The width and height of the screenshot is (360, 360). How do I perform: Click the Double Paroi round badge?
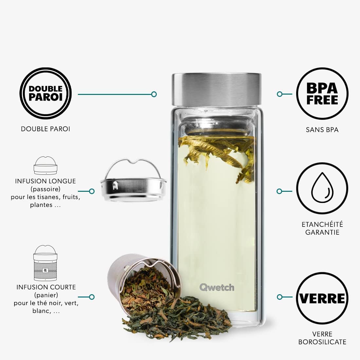(x=45, y=94)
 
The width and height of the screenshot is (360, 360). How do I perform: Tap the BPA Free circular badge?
(x=322, y=94)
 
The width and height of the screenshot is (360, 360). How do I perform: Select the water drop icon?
(x=322, y=188)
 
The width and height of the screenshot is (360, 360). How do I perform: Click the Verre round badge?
(x=322, y=298)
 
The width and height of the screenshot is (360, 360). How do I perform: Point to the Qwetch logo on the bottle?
(x=217, y=287)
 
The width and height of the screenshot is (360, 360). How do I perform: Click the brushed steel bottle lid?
(x=217, y=90)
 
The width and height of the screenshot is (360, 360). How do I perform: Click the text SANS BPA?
(x=322, y=130)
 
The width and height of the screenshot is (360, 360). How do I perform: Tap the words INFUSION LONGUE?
(x=45, y=181)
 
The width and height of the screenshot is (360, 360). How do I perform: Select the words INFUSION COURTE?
(x=46, y=287)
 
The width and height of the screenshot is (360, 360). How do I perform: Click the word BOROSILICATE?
(x=322, y=342)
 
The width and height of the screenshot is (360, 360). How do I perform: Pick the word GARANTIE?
(x=322, y=232)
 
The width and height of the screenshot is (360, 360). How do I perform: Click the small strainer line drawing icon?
(x=45, y=166)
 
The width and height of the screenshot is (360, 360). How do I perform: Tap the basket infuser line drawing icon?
(x=45, y=263)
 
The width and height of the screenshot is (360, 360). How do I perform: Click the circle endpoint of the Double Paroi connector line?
(x=154, y=94)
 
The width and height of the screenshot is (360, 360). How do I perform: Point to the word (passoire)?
(x=45, y=189)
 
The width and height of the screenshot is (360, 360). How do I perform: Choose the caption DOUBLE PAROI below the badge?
(x=45, y=129)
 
